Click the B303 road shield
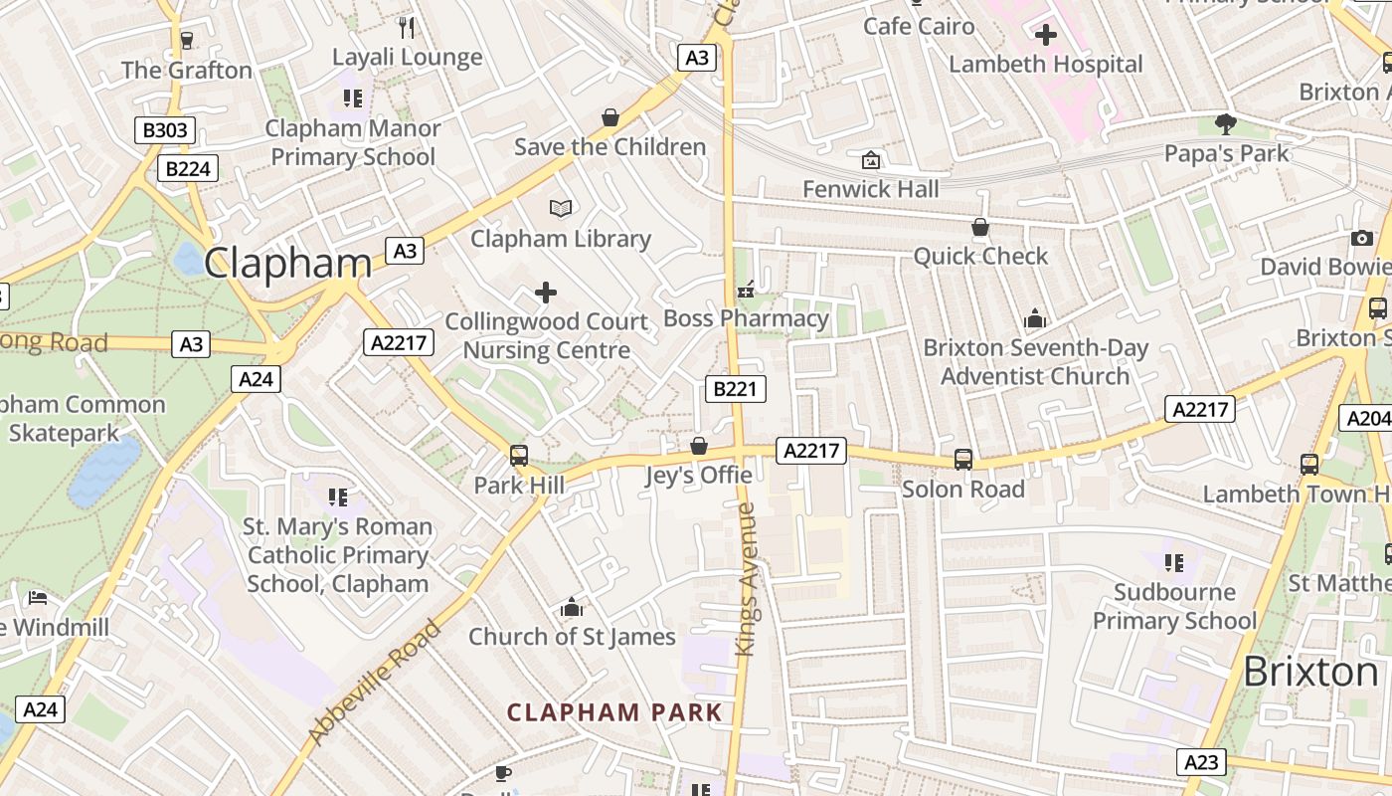[164, 130]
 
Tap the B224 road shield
[187, 169]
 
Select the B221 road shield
[736, 389]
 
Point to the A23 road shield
[1201, 763]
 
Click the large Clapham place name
[287, 264]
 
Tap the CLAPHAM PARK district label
[614, 712]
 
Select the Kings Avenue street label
[746, 579]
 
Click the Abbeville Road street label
[373, 683]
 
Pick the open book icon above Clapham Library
[561, 208]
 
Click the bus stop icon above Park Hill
[519, 456]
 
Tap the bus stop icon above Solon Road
[962, 460]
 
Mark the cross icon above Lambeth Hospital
[1045, 36]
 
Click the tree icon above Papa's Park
[1226, 124]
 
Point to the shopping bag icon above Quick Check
[980, 227]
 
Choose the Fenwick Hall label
[870, 189]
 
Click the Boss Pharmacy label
[746, 318]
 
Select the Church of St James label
[572, 637]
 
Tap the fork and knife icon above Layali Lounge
[406, 27]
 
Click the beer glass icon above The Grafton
[186, 40]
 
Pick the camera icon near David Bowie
[1362, 238]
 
